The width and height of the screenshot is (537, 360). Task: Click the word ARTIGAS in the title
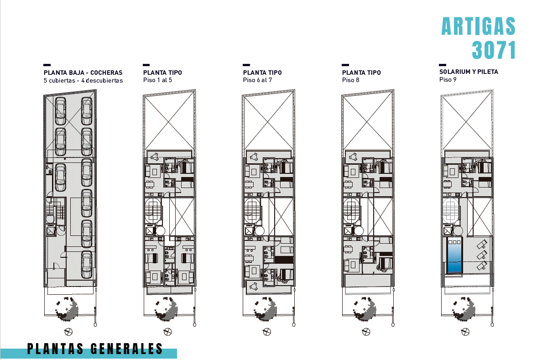[478, 26]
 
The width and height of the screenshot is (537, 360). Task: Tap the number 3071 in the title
[494, 50]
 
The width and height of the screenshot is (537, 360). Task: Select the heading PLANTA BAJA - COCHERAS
[83, 73]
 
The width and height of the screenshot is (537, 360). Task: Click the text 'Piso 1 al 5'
[157, 80]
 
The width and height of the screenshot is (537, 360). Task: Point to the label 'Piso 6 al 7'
[258, 80]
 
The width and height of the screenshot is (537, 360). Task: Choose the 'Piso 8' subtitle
[351, 80]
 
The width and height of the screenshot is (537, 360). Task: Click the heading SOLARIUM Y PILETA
[469, 72]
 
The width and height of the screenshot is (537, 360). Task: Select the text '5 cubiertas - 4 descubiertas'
[83, 81]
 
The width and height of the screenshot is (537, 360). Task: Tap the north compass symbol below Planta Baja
[69, 331]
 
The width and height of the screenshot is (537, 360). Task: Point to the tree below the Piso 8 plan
[365, 309]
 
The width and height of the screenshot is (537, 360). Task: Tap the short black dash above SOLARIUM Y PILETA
[442, 65]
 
